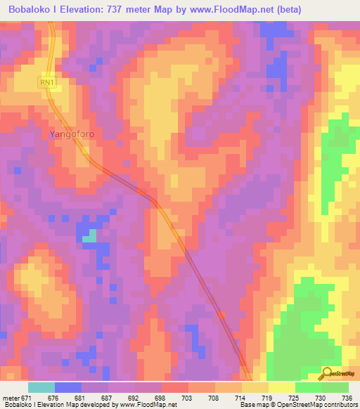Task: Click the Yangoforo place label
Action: tap(72, 134)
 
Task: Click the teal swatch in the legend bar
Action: tap(41, 387)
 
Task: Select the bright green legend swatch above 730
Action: tap(309, 387)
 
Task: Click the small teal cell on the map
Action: tap(89, 237)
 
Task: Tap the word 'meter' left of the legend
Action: tap(12, 398)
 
